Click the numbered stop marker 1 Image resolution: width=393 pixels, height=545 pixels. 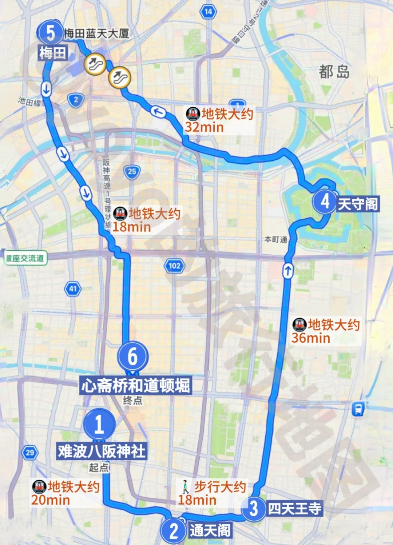[x=99, y=425]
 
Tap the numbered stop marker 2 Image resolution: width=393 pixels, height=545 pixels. [x=174, y=531]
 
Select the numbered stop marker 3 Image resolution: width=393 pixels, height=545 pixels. [x=254, y=508]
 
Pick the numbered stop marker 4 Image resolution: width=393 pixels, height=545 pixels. [x=325, y=201]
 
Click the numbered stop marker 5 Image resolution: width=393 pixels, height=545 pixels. [x=50, y=33]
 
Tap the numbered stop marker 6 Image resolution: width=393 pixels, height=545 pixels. [x=133, y=356]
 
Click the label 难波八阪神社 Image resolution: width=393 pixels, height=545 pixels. [x=102, y=451]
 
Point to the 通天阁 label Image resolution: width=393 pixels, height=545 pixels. [x=210, y=530]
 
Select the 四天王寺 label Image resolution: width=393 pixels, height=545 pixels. [x=295, y=508]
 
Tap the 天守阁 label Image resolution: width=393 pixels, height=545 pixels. [x=358, y=204]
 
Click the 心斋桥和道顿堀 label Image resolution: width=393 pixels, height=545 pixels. [x=135, y=385]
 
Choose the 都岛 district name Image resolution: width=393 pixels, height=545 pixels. [x=334, y=72]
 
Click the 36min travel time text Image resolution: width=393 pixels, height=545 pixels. [x=311, y=338]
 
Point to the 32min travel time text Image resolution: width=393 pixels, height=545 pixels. [x=204, y=127]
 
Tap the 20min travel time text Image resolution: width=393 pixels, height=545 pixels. [x=51, y=500]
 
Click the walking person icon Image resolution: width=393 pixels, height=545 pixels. [x=186, y=486]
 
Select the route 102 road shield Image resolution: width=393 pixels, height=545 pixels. [x=175, y=266]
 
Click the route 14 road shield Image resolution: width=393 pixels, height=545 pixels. [x=208, y=12]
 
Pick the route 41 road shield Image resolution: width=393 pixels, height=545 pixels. [x=73, y=289]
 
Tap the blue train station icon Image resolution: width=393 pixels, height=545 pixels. [x=358, y=409]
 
